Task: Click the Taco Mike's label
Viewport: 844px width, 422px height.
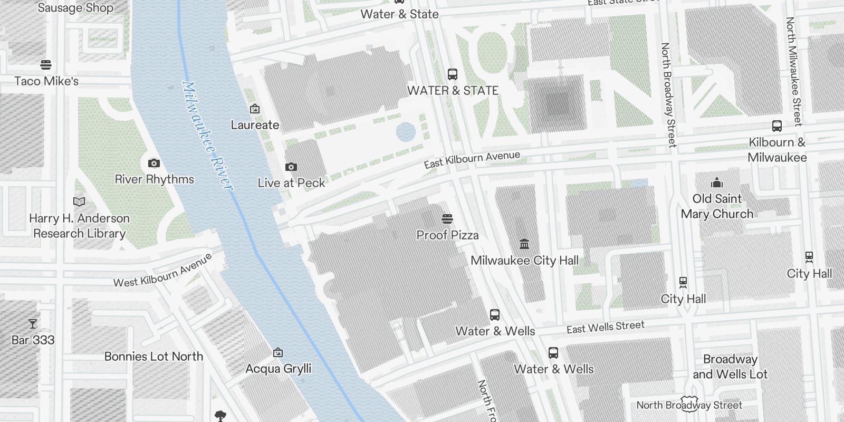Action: point(46,81)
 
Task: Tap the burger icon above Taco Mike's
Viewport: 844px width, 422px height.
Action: point(46,65)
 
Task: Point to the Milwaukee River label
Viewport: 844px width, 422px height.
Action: point(207,136)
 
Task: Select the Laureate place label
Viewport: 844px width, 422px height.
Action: point(255,125)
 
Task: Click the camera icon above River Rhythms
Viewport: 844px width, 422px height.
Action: point(154,163)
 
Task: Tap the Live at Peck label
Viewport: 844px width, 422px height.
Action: point(291,183)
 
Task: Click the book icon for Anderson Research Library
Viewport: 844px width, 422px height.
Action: point(79,202)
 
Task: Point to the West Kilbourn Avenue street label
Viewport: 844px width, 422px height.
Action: point(163,270)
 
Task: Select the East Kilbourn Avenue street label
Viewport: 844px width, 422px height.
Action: point(472,159)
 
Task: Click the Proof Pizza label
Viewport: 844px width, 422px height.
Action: point(447,235)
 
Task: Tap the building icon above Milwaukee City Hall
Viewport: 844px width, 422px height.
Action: point(524,244)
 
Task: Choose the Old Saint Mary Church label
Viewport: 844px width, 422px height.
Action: point(717,206)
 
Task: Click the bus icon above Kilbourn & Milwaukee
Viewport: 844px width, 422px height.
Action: point(776,126)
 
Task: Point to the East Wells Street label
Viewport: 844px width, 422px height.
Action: point(606,327)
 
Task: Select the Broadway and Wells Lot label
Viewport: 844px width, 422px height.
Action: point(730,367)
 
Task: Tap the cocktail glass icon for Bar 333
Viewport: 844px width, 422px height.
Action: point(33,323)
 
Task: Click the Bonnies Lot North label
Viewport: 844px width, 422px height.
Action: point(154,357)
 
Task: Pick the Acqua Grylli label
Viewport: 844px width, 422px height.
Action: point(278,369)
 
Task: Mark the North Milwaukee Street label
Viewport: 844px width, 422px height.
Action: point(793,71)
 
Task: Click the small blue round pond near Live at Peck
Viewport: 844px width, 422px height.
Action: point(405,132)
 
